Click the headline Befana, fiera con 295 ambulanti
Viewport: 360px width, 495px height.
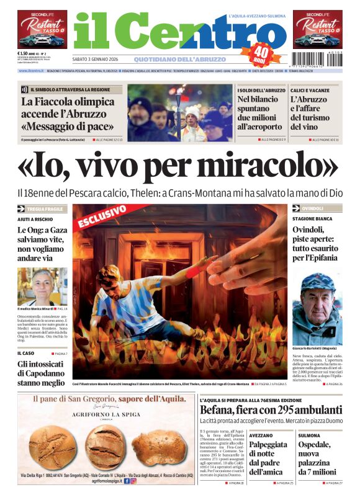coord(271,409)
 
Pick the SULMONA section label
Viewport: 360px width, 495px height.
coord(310,435)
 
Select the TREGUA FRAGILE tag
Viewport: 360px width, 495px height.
coord(45,209)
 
